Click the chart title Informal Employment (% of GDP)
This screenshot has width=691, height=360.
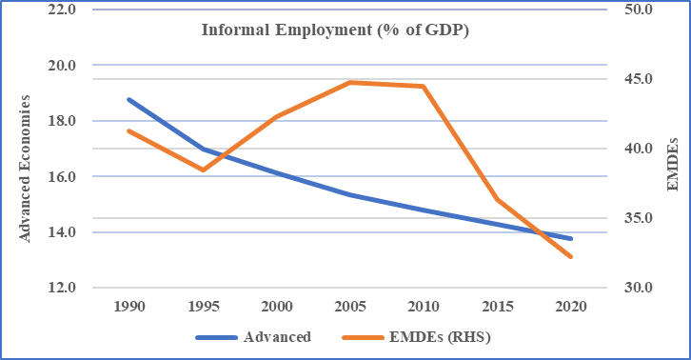(336, 30)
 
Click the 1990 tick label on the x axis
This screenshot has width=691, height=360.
(129, 308)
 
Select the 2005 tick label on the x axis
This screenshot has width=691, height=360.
(350, 308)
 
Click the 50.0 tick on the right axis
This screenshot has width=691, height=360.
(637, 10)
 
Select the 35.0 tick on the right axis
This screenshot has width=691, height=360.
(637, 218)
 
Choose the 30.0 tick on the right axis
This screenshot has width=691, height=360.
(637, 288)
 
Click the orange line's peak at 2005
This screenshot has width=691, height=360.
(350, 83)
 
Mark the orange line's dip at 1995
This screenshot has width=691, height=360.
(203, 170)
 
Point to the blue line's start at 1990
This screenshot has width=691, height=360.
(129, 99)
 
